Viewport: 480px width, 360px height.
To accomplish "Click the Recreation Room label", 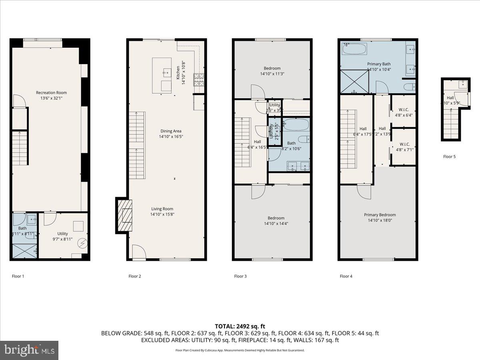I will pyautogui.click(x=51, y=92).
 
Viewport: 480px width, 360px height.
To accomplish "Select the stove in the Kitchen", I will pyautogui.click(x=199, y=80).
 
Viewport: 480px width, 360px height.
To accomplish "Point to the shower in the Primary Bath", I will pyautogui.click(x=354, y=82).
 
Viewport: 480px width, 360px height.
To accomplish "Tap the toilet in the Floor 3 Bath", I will pyautogui.click(x=303, y=140).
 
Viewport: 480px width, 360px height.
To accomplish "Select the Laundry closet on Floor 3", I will pyautogui.click(x=274, y=131).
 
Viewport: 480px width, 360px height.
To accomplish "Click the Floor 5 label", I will pyautogui.click(x=449, y=156).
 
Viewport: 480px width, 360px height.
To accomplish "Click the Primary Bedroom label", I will pyautogui.click(x=380, y=215).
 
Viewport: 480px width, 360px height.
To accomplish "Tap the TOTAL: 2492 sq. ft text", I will pyautogui.click(x=240, y=326).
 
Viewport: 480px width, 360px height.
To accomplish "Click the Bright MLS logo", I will pyautogui.click(x=29, y=350).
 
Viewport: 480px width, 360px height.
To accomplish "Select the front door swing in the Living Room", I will pyautogui.click(x=138, y=252).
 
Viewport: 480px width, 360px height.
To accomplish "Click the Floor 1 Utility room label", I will pyautogui.click(x=62, y=234).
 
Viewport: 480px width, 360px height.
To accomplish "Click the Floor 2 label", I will pyautogui.click(x=135, y=276).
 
